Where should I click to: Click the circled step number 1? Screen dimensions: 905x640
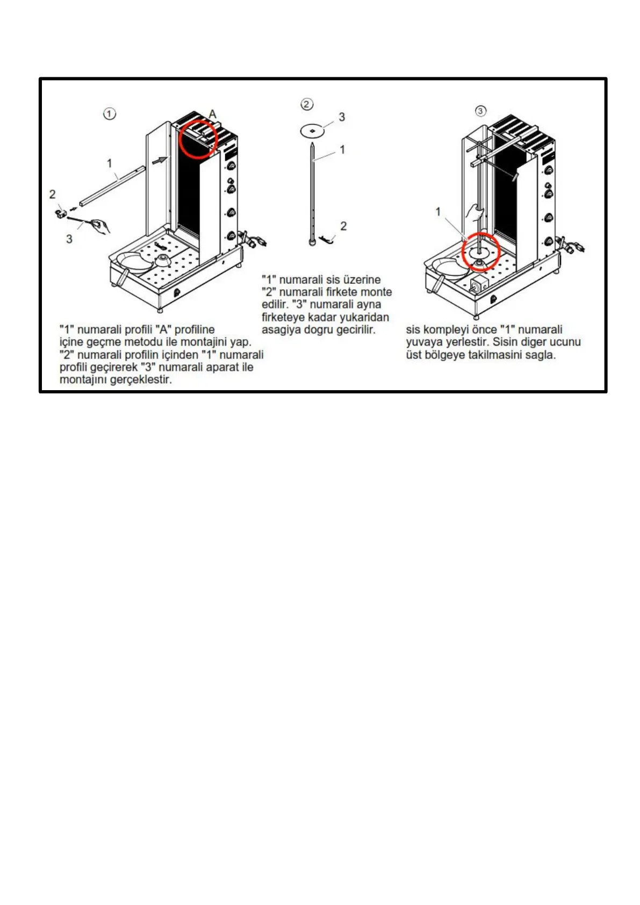[x=110, y=114]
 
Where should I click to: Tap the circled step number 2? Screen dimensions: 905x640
[x=307, y=104]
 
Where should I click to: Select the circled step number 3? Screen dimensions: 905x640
[x=481, y=111]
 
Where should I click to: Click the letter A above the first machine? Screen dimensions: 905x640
[x=213, y=114]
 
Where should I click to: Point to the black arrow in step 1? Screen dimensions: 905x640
[x=160, y=160]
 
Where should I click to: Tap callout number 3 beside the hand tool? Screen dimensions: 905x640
[x=69, y=239]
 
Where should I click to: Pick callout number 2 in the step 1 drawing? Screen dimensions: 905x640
[x=52, y=194]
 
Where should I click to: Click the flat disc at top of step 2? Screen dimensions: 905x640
[x=312, y=130]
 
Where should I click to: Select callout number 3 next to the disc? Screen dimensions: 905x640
[x=342, y=117]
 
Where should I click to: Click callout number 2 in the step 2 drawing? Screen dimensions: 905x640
[x=343, y=226]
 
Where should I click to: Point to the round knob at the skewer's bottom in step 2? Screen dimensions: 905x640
[x=312, y=242]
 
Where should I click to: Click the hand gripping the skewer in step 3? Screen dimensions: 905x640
[x=475, y=212]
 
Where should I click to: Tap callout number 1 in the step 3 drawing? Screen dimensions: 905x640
[x=438, y=212]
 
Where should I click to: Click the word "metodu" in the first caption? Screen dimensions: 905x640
[x=144, y=342]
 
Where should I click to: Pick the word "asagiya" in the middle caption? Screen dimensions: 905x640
[x=281, y=329]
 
